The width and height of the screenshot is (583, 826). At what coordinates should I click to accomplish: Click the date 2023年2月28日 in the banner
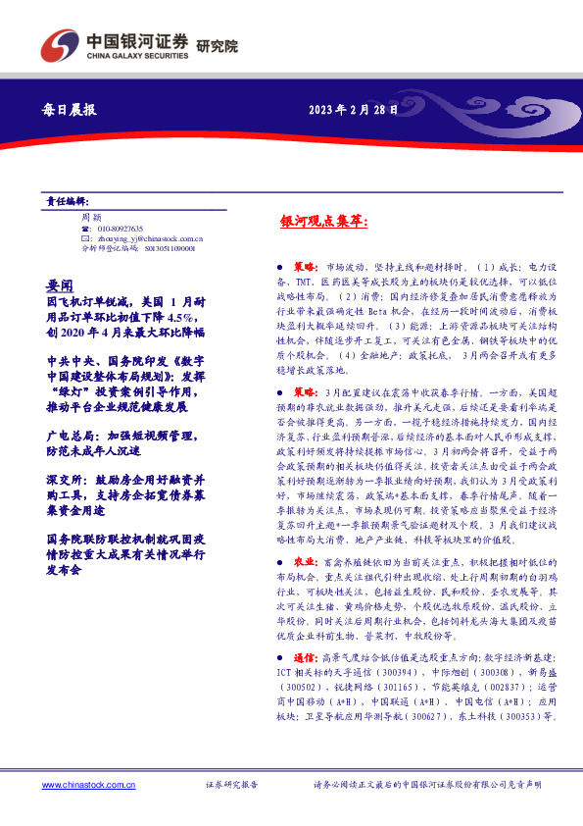354,110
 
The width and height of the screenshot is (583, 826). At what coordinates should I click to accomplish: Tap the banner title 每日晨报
72,110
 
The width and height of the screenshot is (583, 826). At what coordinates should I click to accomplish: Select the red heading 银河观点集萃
323,222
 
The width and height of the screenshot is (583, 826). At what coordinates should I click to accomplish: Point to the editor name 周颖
91,216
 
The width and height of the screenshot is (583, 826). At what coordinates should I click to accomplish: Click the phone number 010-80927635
121,227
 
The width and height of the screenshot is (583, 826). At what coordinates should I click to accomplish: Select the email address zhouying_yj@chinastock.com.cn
149,237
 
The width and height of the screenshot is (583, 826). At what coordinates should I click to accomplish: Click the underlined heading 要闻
60,282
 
